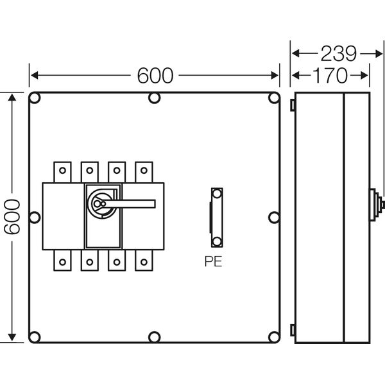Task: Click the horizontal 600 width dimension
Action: pos(155,75)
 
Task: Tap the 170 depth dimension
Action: pos(330,75)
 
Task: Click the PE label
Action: pos(214,261)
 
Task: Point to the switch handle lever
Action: pos(135,204)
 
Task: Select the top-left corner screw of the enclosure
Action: pos(35,98)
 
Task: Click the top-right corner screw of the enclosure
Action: pos(273,98)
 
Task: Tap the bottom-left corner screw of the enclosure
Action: pos(35,336)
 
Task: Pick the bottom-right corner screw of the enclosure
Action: pos(273,336)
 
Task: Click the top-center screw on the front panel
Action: pos(154,98)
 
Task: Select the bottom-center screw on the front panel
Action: pos(154,336)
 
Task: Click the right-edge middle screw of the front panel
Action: pos(273,218)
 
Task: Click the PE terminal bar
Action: pos(217,217)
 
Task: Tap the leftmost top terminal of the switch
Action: pos(62,171)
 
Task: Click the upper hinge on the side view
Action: pos(293,103)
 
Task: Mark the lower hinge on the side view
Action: pos(293,330)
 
